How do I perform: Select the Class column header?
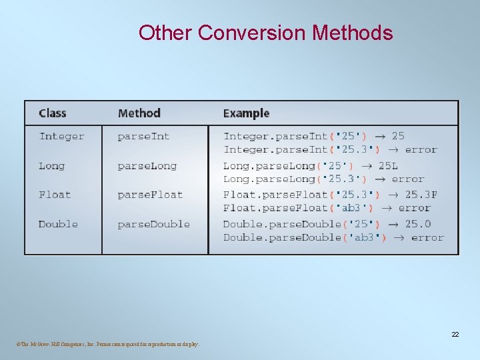pyautogui.click(x=53, y=113)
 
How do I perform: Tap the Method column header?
pyautogui.click(x=139, y=113)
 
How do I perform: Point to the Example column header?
pyautogui.click(x=246, y=113)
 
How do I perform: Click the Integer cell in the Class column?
pyautogui.click(x=61, y=137)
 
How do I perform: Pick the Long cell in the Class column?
pyautogui.click(x=51, y=166)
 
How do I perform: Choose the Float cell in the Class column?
pyautogui.click(x=54, y=195)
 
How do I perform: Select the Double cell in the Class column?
pyautogui.click(x=58, y=224)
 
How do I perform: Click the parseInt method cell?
pyautogui.click(x=143, y=137)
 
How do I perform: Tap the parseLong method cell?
pyautogui.click(x=147, y=166)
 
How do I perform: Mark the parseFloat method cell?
pyautogui.click(x=150, y=195)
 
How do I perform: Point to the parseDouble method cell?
pyautogui.click(x=153, y=224)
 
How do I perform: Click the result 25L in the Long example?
pyautogui.click(x=388, y=166)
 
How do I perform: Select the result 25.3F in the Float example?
pyautogui.click(x=421, y=195)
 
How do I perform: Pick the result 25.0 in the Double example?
pyautogui.click(x=418, y=224)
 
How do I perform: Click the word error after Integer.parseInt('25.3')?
pyautogui.click(x=421, y=150)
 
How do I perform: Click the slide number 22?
pyautogui.click(x=455, y=334)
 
